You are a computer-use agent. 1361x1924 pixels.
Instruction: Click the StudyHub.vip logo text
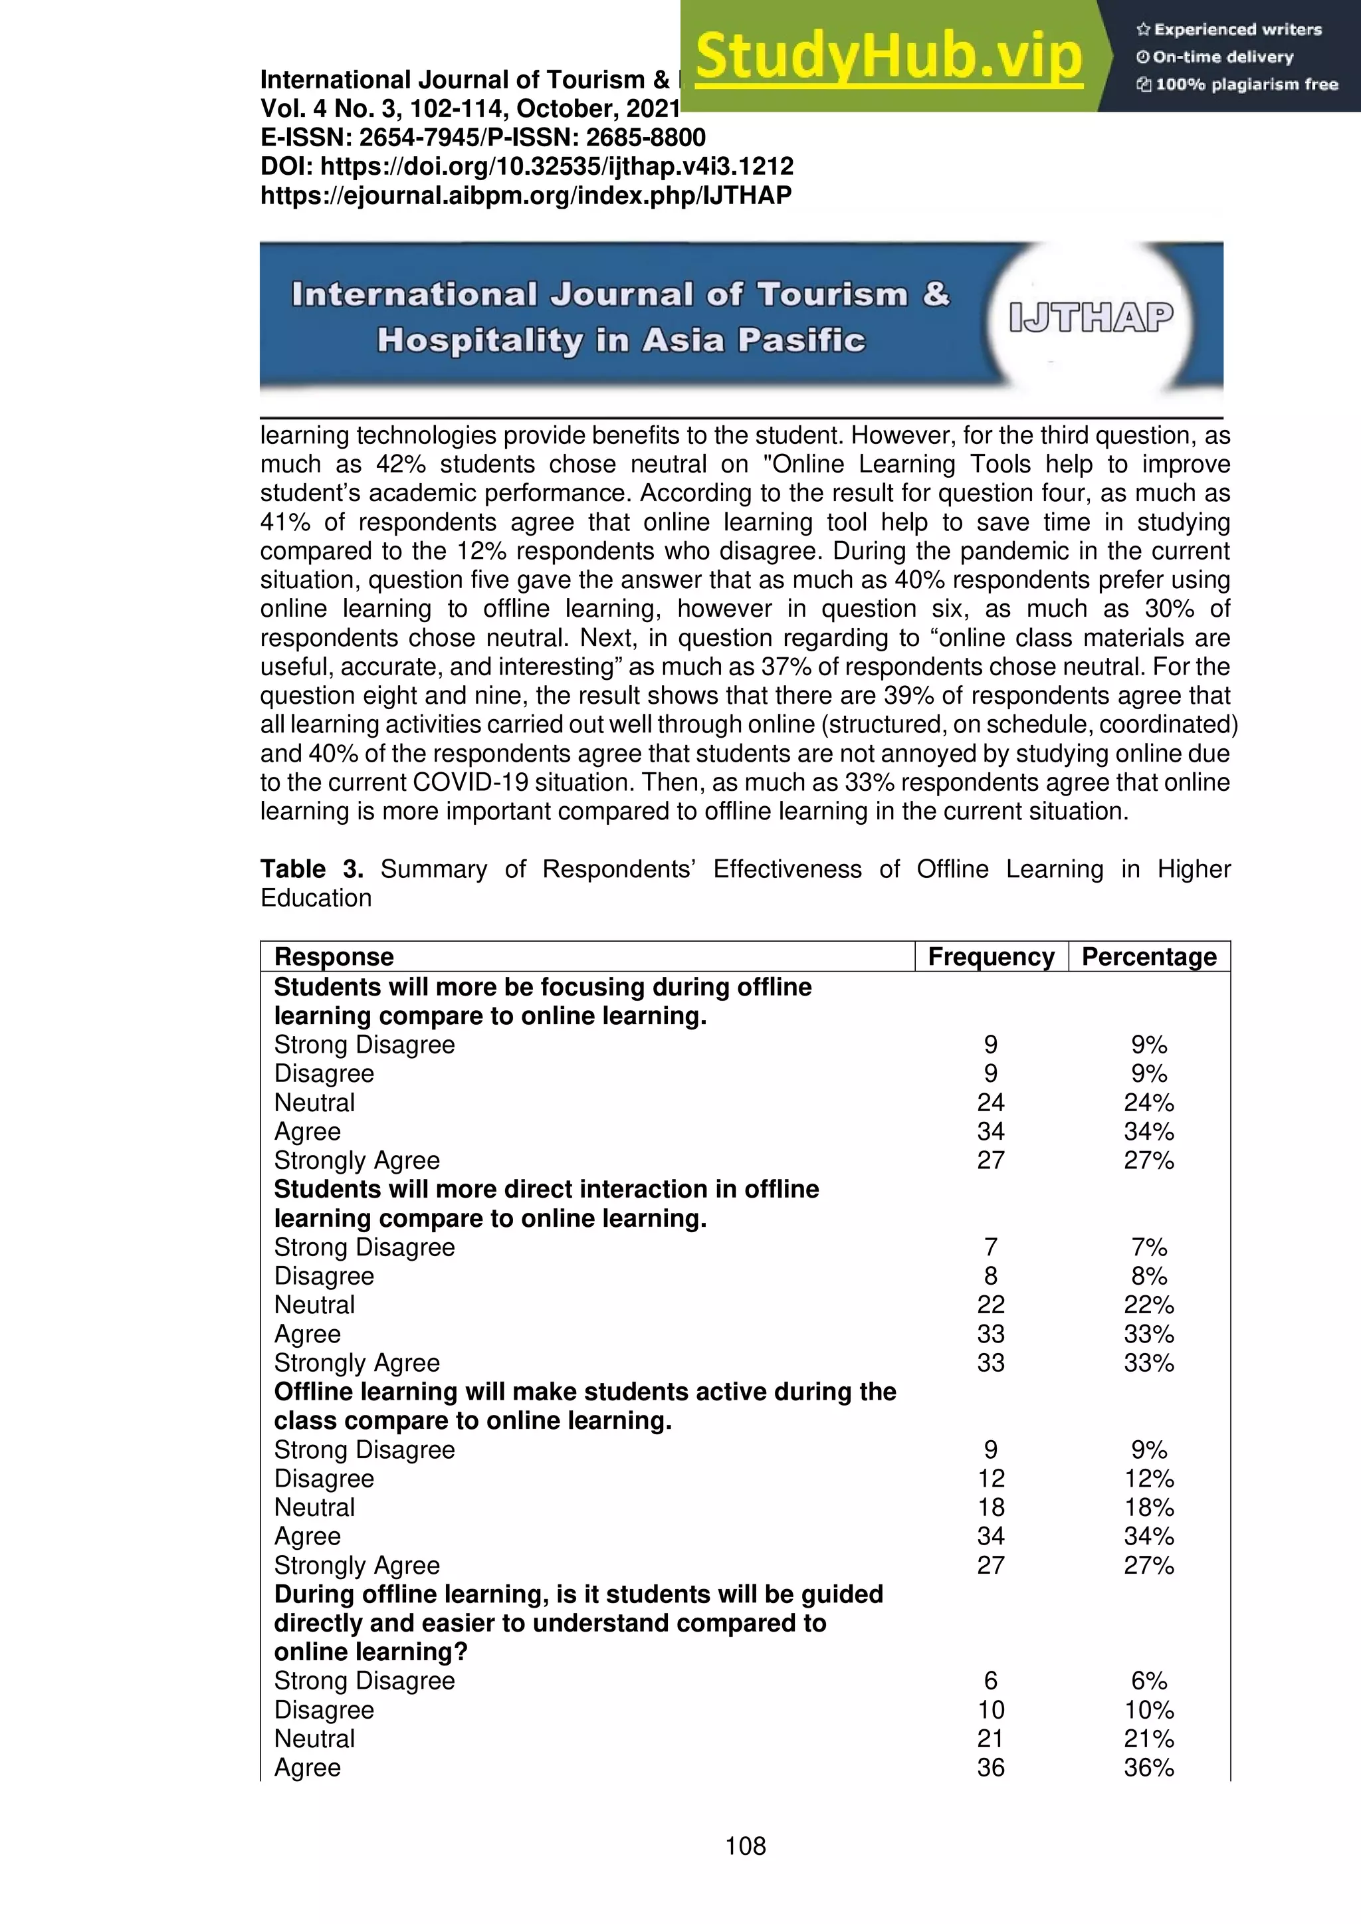889,57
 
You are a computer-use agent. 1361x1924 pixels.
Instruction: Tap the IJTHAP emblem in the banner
1091,318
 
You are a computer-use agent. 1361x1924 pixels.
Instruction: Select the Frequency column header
991,956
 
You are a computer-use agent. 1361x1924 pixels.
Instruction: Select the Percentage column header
1148,956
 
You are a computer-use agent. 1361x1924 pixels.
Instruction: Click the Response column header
334,956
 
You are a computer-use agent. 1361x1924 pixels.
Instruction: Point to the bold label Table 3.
311,869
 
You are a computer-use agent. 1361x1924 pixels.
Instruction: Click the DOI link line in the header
526,166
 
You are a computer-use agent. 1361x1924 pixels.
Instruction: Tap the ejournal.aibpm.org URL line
526,195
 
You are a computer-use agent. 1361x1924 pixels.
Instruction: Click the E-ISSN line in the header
482,138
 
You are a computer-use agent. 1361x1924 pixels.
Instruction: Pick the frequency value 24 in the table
991,1102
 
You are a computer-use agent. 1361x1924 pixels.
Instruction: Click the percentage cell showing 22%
1148,1305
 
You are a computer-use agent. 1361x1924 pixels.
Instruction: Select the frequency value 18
991,1507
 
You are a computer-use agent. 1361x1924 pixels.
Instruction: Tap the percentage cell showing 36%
1148,1767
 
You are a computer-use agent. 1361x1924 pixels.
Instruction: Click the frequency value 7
991,1247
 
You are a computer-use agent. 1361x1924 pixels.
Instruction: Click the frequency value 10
991,1709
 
